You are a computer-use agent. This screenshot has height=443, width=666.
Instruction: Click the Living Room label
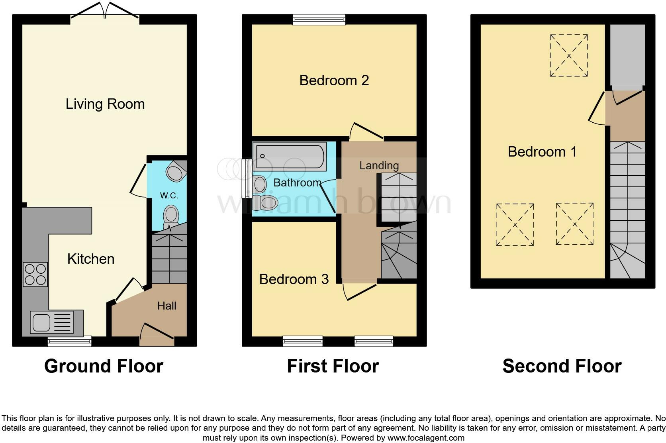point(105,104)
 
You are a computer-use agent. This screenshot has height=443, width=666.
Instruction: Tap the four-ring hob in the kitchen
point(35,274)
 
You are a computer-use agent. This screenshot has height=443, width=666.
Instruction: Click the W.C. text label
point(169,196)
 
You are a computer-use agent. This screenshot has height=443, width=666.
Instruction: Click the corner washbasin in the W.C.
point(176,172)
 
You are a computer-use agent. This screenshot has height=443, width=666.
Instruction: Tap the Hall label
point(166,306)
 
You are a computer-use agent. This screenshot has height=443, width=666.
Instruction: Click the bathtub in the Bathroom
point(290,157)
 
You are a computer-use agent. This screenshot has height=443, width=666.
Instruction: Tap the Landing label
point(379,165)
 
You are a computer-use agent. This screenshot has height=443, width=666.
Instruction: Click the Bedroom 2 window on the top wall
point(319,19)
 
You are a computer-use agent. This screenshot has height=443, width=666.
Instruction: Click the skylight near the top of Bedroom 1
point(569,55)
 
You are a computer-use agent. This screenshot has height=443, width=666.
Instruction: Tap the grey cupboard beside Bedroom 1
point(627,55)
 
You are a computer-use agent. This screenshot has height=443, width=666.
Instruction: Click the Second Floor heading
point(562,366)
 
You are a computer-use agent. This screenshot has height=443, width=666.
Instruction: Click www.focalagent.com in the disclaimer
point(426,438)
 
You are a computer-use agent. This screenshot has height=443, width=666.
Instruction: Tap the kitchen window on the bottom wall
point(69,341)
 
